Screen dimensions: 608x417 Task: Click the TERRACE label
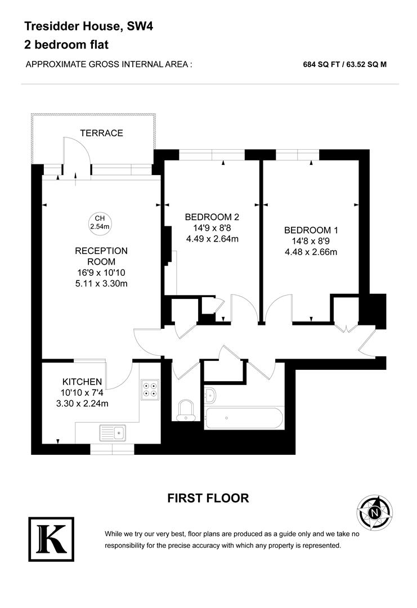[x=101, y=133]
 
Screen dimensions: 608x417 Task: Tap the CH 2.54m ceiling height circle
[x=100, y=222]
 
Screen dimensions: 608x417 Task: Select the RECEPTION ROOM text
[x=101, y=256]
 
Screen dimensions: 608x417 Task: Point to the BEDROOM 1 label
[x=311, y=230]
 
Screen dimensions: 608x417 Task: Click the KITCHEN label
[x=82, y=382]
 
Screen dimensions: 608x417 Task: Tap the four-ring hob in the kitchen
[x=150, y=390]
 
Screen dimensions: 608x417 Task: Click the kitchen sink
[x=114, y=432]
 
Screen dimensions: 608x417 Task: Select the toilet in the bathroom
[x=185, y=409]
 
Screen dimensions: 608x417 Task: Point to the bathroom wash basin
[x=210, y=395]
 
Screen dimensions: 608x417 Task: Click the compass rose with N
[x=375, y=512]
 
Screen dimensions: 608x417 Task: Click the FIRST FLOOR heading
[x=208, y=498]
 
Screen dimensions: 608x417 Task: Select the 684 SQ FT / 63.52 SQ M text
[x=344, y=64]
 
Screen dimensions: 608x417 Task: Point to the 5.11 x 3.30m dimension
[x=101, y=283]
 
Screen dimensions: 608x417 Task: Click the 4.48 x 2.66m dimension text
[x=311, y=252]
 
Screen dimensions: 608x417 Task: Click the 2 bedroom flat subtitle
[x=66, y=44]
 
